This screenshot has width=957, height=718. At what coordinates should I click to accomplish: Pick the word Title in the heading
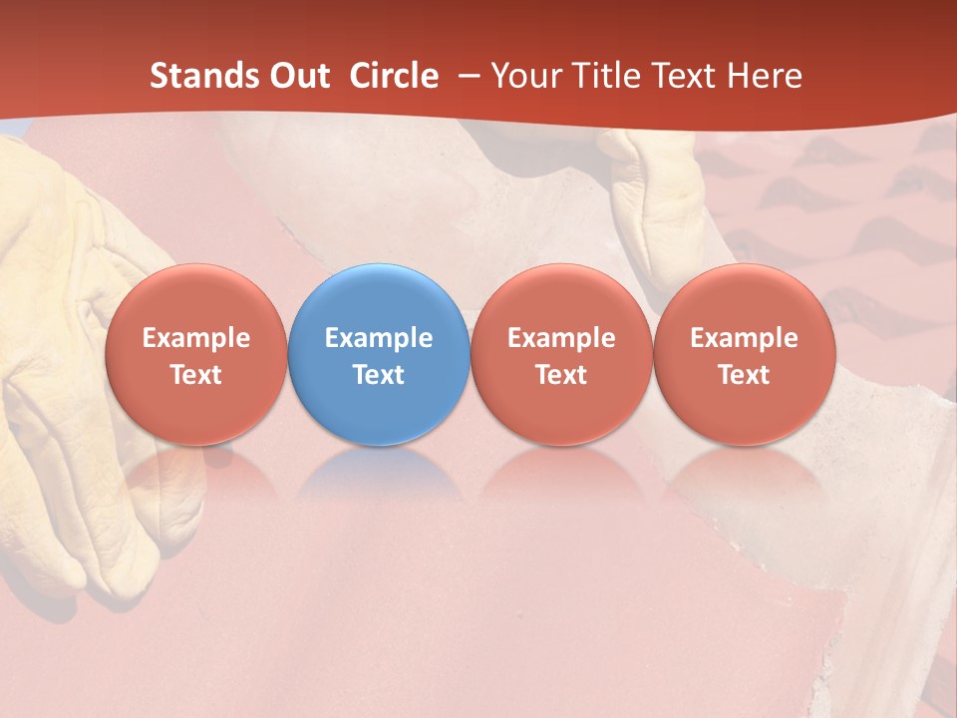coord(613,76)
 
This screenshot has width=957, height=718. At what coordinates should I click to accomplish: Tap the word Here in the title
coord(764,76)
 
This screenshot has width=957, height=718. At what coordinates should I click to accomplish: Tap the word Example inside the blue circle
coord(379,338)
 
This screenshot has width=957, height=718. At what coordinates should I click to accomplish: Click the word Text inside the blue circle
coord(379,375)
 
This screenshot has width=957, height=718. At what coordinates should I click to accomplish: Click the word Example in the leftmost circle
coord(195,338)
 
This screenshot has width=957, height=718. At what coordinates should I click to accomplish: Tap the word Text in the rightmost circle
coord(744,375)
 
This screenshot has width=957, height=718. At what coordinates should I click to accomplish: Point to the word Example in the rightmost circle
coord(744,338)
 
